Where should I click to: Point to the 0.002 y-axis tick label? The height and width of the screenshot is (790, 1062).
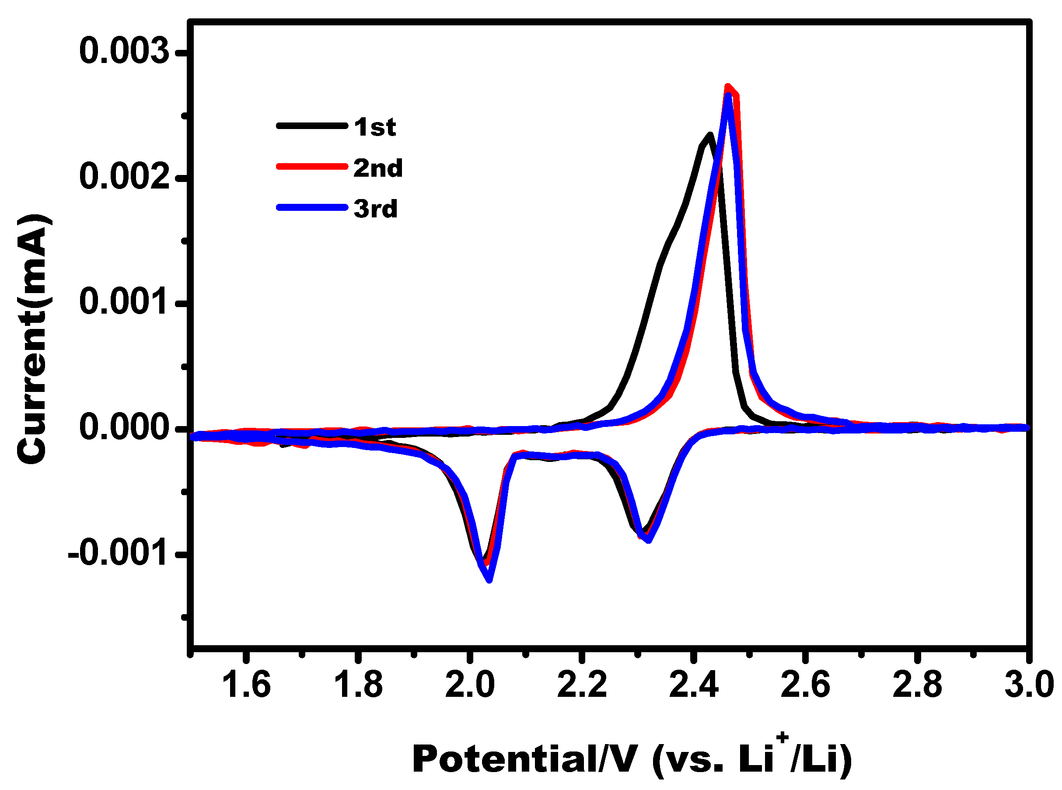pyautogui.click(x=124, y=176)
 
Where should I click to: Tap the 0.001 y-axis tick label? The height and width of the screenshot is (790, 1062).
pyautogui.click(x=124, y=302)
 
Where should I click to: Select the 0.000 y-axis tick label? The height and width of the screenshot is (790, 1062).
pyautogui.click(x=124, y=427)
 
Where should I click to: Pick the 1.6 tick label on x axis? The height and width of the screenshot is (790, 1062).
pyautogui.click(x=246, y=685)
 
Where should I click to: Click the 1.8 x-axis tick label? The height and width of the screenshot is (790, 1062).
pyautogui.click(x=358, y=685)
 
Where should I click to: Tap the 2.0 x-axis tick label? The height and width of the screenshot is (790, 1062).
pyautogui.click(x=470, y=685)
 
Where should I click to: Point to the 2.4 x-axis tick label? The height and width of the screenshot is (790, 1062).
pyautogui.click(x=694, y=685)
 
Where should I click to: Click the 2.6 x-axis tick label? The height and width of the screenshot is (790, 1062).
pyautogui.click(x=806, y=685)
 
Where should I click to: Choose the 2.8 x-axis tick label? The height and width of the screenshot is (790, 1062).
pyautogui.click(x=918, y=685)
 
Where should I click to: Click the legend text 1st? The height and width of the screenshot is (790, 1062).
pyautogui.click(x=375, y=127)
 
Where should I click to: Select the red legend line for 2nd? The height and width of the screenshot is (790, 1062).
pyautogui.click(x=312, y=166)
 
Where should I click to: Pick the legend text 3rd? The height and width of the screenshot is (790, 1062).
pyautogui.click(x=375, y=209)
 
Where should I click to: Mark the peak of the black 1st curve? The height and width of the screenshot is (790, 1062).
pyautogui.click(x=710, y=135)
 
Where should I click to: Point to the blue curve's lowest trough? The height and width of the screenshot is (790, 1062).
pyautogui.click(x=489, y=580)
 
